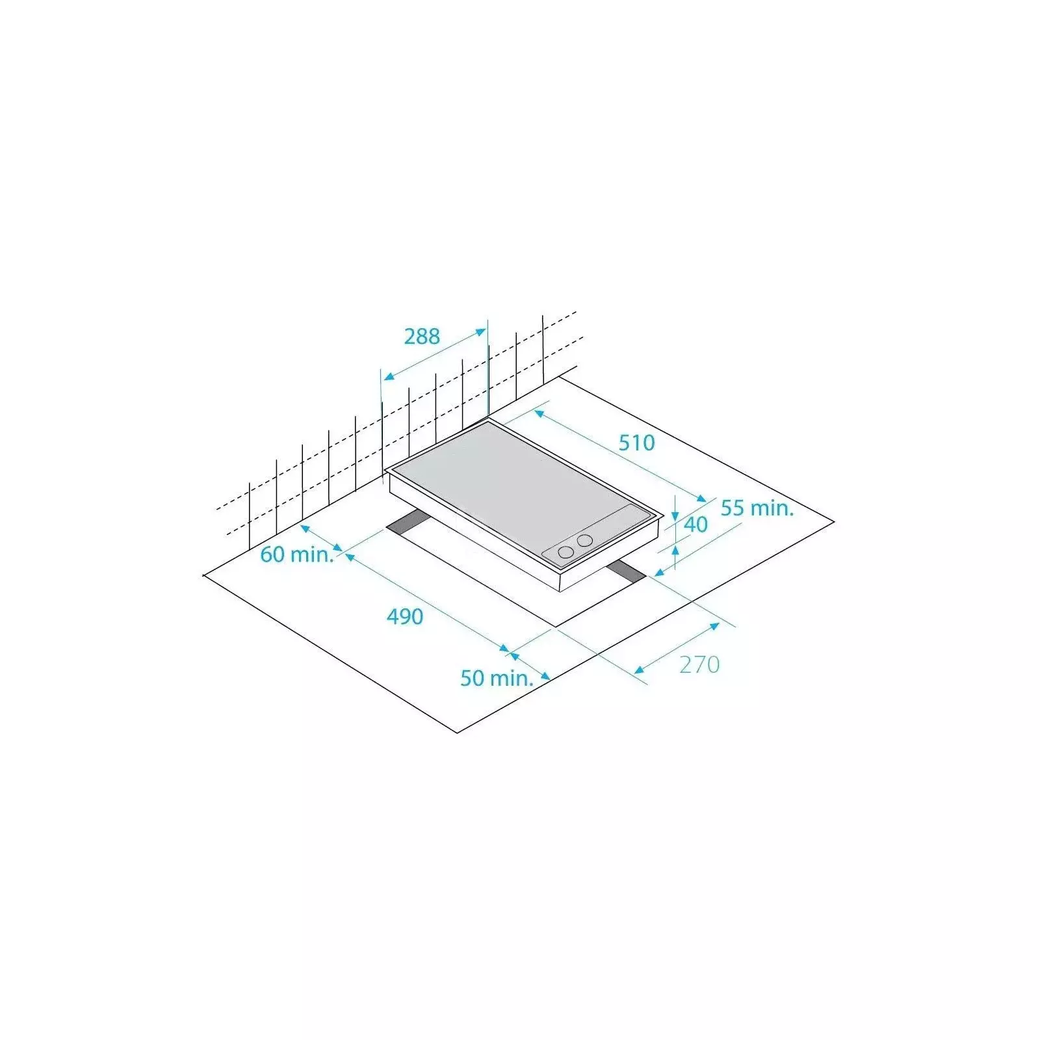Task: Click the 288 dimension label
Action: click(x=422, y=336)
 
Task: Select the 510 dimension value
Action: click(x=636, y=443)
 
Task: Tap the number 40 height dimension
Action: click(x=695, y=525)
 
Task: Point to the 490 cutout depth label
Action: click(x=405, y=616)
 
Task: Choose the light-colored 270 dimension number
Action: click(x=699, y=664)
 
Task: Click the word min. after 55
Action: click(x=772, y=508)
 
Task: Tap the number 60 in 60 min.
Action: click(x=272, y=554)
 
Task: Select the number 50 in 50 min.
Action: click(x=473, y=678)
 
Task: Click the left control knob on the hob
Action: click(x=566, y=552)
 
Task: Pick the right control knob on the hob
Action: click(x=585, y=539)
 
